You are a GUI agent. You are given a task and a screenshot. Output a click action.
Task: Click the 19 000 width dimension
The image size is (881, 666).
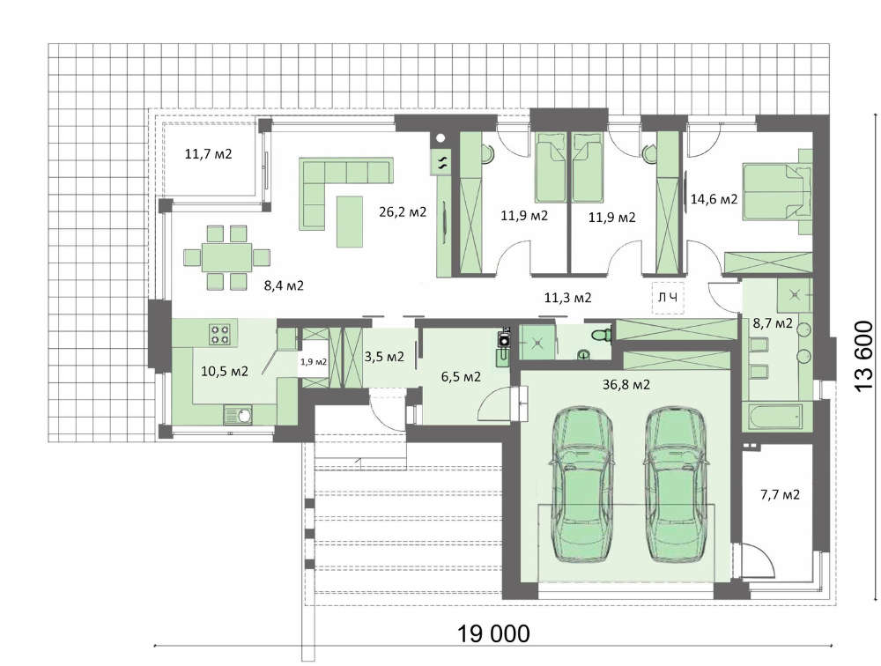tap(493, 633)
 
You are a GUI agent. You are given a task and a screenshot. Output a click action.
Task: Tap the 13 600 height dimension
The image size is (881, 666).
tap(862, 356)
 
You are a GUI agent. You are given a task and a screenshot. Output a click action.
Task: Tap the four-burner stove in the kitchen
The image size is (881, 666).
tap(219, 334)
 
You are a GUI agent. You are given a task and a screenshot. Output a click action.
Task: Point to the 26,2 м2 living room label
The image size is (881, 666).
tap(403, 212)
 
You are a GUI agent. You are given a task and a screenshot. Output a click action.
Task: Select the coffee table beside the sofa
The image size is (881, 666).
tap(350, 221)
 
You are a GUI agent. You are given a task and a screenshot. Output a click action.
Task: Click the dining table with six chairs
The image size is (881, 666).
tap(226, 257)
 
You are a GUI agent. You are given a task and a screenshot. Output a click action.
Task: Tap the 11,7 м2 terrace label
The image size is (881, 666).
tap(208, 153)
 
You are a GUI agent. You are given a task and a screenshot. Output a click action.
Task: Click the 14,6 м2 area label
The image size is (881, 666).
tap(714, 198)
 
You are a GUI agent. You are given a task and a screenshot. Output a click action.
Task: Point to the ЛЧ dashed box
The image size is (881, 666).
tap(668, 298)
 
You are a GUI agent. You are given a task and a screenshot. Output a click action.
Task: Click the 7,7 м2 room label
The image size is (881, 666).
tap(780, 494)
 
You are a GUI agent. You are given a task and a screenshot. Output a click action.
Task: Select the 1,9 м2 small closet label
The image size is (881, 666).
tap(314, 361)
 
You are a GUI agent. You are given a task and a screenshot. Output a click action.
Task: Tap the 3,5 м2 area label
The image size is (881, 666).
tap(384, 356)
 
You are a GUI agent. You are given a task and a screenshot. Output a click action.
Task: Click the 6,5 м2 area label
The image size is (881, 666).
tap(461, 376)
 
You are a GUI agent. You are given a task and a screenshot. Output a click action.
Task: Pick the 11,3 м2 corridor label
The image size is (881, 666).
tap(567, 297)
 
